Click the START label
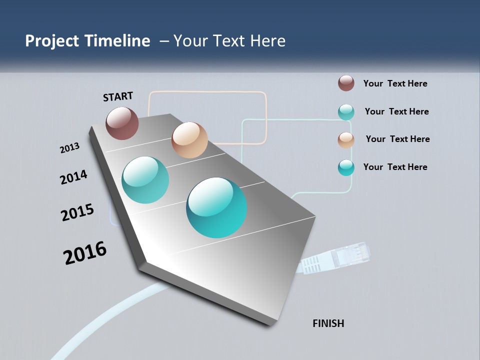118,96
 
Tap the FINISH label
328,323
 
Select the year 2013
69,148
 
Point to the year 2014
73,177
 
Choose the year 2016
85,253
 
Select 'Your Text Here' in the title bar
229,41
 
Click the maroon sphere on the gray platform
122,123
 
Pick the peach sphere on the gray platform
189,140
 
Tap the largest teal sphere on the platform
216,207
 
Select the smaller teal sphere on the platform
145,180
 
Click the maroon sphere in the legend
346,83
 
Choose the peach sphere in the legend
346,140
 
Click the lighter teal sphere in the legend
346,112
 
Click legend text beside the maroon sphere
395,83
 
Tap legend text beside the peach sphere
397,139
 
